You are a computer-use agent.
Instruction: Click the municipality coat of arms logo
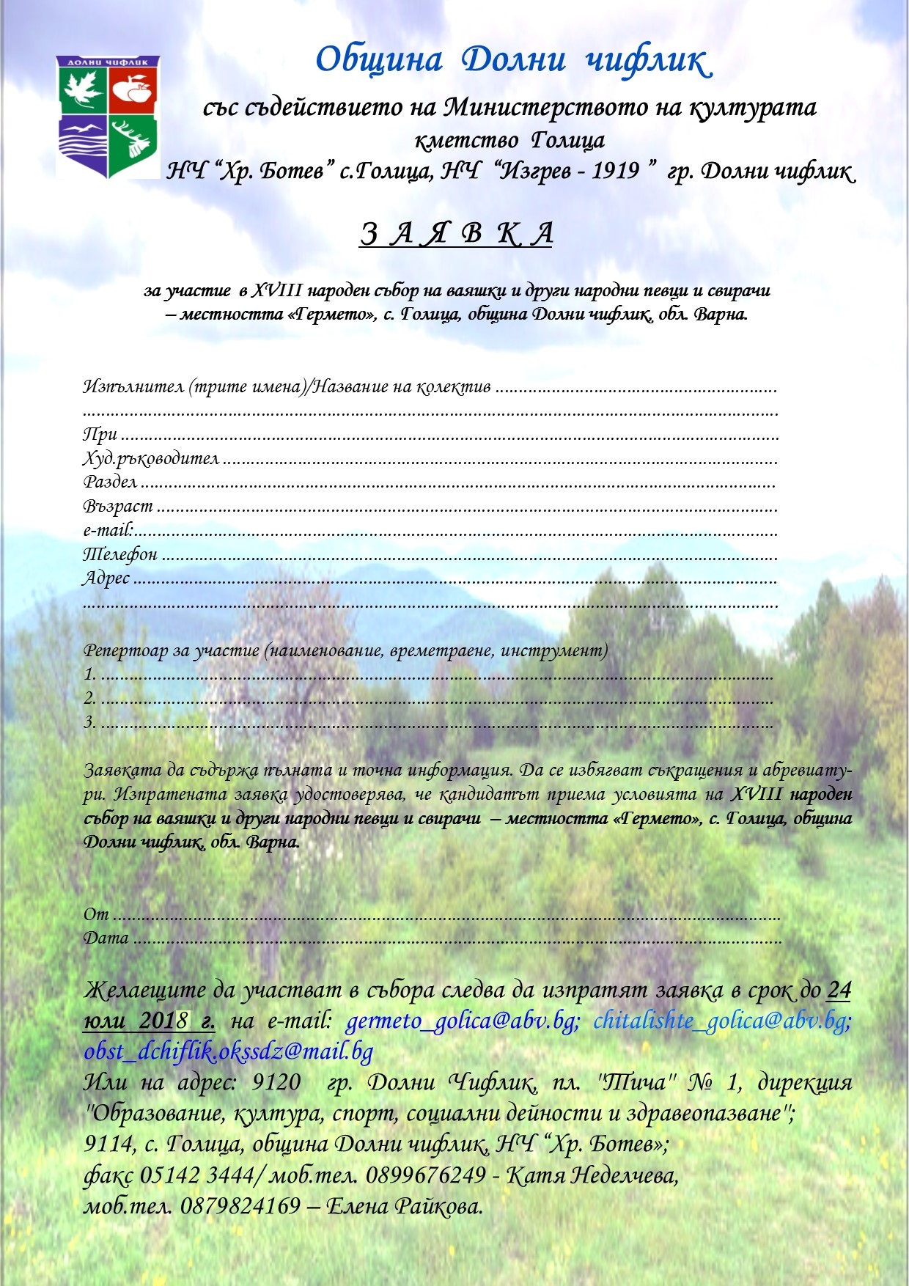pyautogui.click(x=108, y=117)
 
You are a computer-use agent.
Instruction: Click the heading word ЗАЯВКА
pyautogui.click(x=456, y=234)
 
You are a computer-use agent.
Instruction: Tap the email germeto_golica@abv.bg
pyautogui.click(x=462, y=1021)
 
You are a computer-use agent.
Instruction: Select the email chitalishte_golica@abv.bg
pyautogui.click(x=721, y=1021)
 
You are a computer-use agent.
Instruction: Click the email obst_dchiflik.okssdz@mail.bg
pyautogui.click(x=229, y=1051)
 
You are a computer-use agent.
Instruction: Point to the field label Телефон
pyautogui.click(x=120, y=554)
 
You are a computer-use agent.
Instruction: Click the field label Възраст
pyautogui.click(x=118, y=506)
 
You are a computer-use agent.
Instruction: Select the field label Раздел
pyautogui.click(x=110, y=482)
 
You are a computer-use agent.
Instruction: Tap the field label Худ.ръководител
pyautogui.click(x=151, y=458)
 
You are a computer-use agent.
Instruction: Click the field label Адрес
pyautogui.click(x=107, y=578)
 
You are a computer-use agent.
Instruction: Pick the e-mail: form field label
pyautogui.click(x=108, y=529)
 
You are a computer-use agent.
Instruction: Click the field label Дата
pyautogui.click(x=106, y=938)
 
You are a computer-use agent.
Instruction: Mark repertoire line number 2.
pyautogui.click(x=90, y=698)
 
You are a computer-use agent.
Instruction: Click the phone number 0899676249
pyautogui.click(x=425, y=1175)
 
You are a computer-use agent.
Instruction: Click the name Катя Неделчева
pyautogui.click(x=592, y=1175)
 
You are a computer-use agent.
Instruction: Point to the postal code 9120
pyautogui.click(x=276, y=1083)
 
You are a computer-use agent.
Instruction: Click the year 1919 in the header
pyautogui.click(x=616, y=171)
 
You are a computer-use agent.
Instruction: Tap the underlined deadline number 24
pyautogui.click(x=839, y=990)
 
